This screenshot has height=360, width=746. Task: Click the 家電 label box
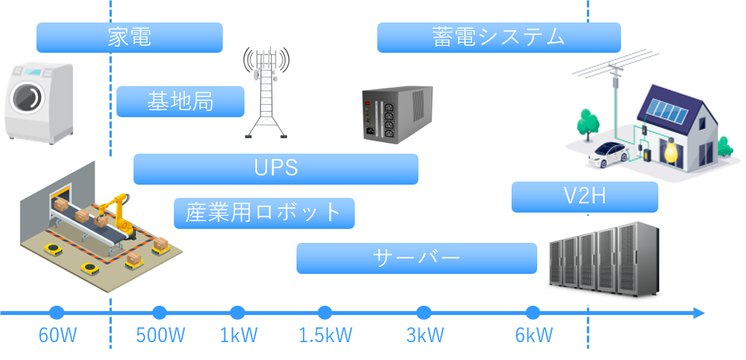(130, 37)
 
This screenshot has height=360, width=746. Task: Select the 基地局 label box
(180, 102)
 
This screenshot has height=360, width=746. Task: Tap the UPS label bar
(276, 169)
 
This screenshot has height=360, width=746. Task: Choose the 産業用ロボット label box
(264, 213)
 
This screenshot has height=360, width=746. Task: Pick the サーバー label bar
(417, 258)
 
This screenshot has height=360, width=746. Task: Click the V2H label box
(585, 197)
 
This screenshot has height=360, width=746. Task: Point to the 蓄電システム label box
(499, 37)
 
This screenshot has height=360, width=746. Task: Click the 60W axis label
(57, 336)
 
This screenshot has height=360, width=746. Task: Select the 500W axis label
(161, 336)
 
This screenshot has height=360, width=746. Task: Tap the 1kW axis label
(238, 336)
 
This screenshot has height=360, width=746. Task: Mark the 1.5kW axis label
(325, 336)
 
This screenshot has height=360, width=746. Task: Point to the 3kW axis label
(425, 336)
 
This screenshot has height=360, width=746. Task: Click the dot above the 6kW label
(533, 313)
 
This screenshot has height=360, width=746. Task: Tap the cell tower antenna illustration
(266, 92)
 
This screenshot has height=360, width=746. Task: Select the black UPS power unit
(397, 114)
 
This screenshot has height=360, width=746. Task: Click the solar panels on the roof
(668, 110)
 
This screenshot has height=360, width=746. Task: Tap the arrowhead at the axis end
(699, 313)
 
